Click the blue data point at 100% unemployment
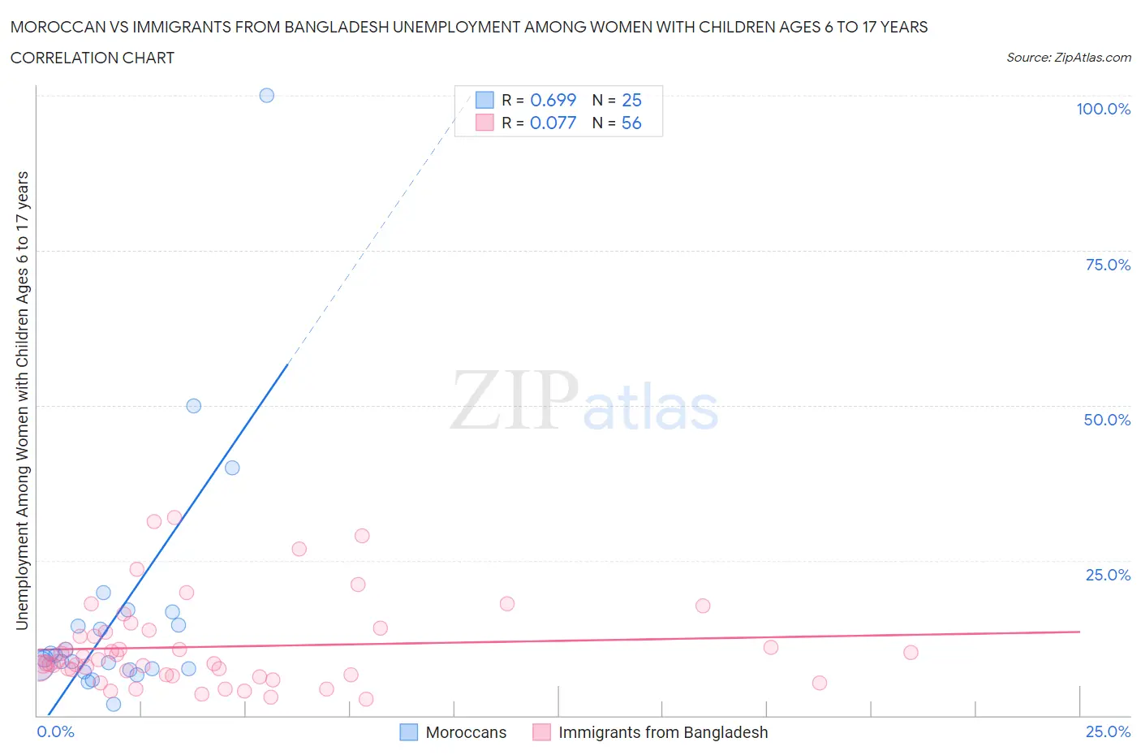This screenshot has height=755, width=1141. click(x=266, y=95)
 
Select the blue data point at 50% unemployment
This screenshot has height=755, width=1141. click(x=193, y=406)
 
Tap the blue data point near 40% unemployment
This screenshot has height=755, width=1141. click(x=232, y=468)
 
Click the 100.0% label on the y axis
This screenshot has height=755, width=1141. click(x=1103, y=109)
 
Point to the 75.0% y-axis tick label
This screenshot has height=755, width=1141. click(x=1108, y=265)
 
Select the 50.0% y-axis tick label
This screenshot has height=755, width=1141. click(x=1107, y=420)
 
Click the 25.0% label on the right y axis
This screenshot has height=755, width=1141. click(x=1108, y=575)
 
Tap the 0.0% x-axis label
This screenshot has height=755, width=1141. click(x=55, y=731)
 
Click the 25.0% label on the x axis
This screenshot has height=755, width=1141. click(x=1108, y=731)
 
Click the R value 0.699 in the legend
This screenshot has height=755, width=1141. click(x=553, y=100)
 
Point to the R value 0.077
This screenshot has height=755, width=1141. click(x=553, y=123)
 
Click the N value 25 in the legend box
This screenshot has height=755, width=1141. click(x=631, y=100)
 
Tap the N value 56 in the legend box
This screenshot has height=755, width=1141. click(x=631, y=123)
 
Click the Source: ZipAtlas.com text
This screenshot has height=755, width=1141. click(x=1068, y=57)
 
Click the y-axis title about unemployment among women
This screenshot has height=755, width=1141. click(x=22, y=400)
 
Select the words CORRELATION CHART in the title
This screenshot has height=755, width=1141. click(x=93, y=58)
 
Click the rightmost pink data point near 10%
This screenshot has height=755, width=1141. click(x=911, y=653)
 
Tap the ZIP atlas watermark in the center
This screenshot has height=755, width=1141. click(x=584, y=400)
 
